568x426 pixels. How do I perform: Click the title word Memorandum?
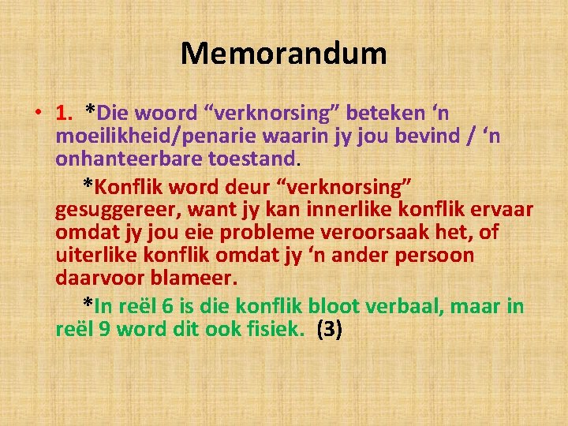(x=283, y=54)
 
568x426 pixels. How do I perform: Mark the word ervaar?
(x=507, y=210)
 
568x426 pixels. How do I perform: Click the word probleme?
(x=260, y=234)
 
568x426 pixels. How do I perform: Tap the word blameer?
(x=198, y=279)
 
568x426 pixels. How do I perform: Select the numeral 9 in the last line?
(x=103, y=330)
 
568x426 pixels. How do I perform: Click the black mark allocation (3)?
(x=329, y=330)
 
